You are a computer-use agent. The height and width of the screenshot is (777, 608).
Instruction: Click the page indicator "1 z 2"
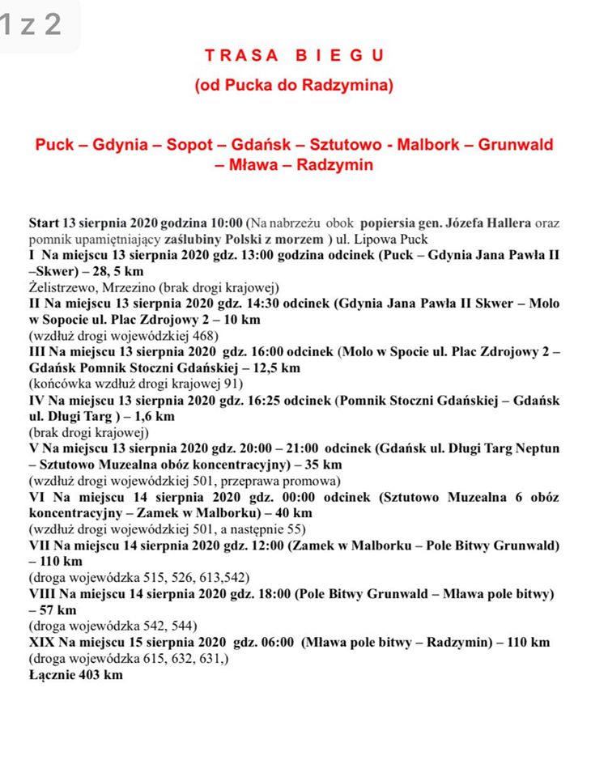(x=32, y=24)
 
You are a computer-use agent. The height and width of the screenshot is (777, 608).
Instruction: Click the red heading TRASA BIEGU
(x=294, y=56)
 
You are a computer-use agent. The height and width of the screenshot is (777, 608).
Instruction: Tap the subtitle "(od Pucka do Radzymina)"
(x=294, y=84)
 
